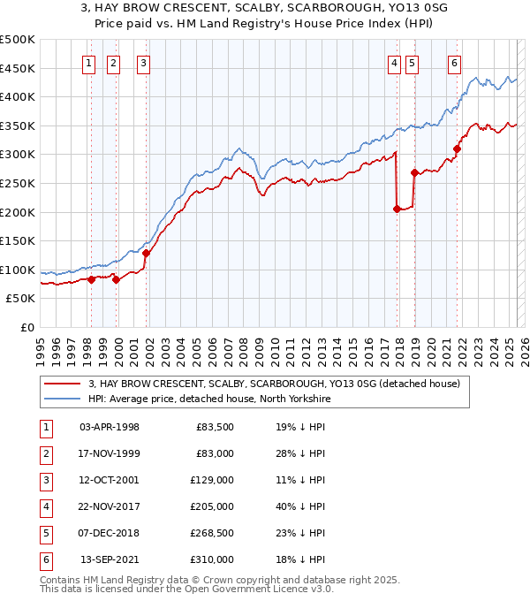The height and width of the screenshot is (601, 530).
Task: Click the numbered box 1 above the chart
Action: pos(90,63)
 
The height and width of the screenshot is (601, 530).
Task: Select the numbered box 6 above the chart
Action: pos(454,63)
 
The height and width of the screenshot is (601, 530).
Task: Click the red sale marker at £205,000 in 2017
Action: pos(397,209)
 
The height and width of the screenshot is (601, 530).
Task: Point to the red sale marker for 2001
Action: pos(146,253)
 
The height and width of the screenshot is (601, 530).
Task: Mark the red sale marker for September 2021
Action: pos(457,148)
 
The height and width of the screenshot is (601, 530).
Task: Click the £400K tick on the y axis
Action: pos(18,96)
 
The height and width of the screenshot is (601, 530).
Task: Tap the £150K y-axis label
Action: pos(18,240)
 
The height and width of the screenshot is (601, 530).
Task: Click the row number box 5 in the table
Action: pos(45,533)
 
